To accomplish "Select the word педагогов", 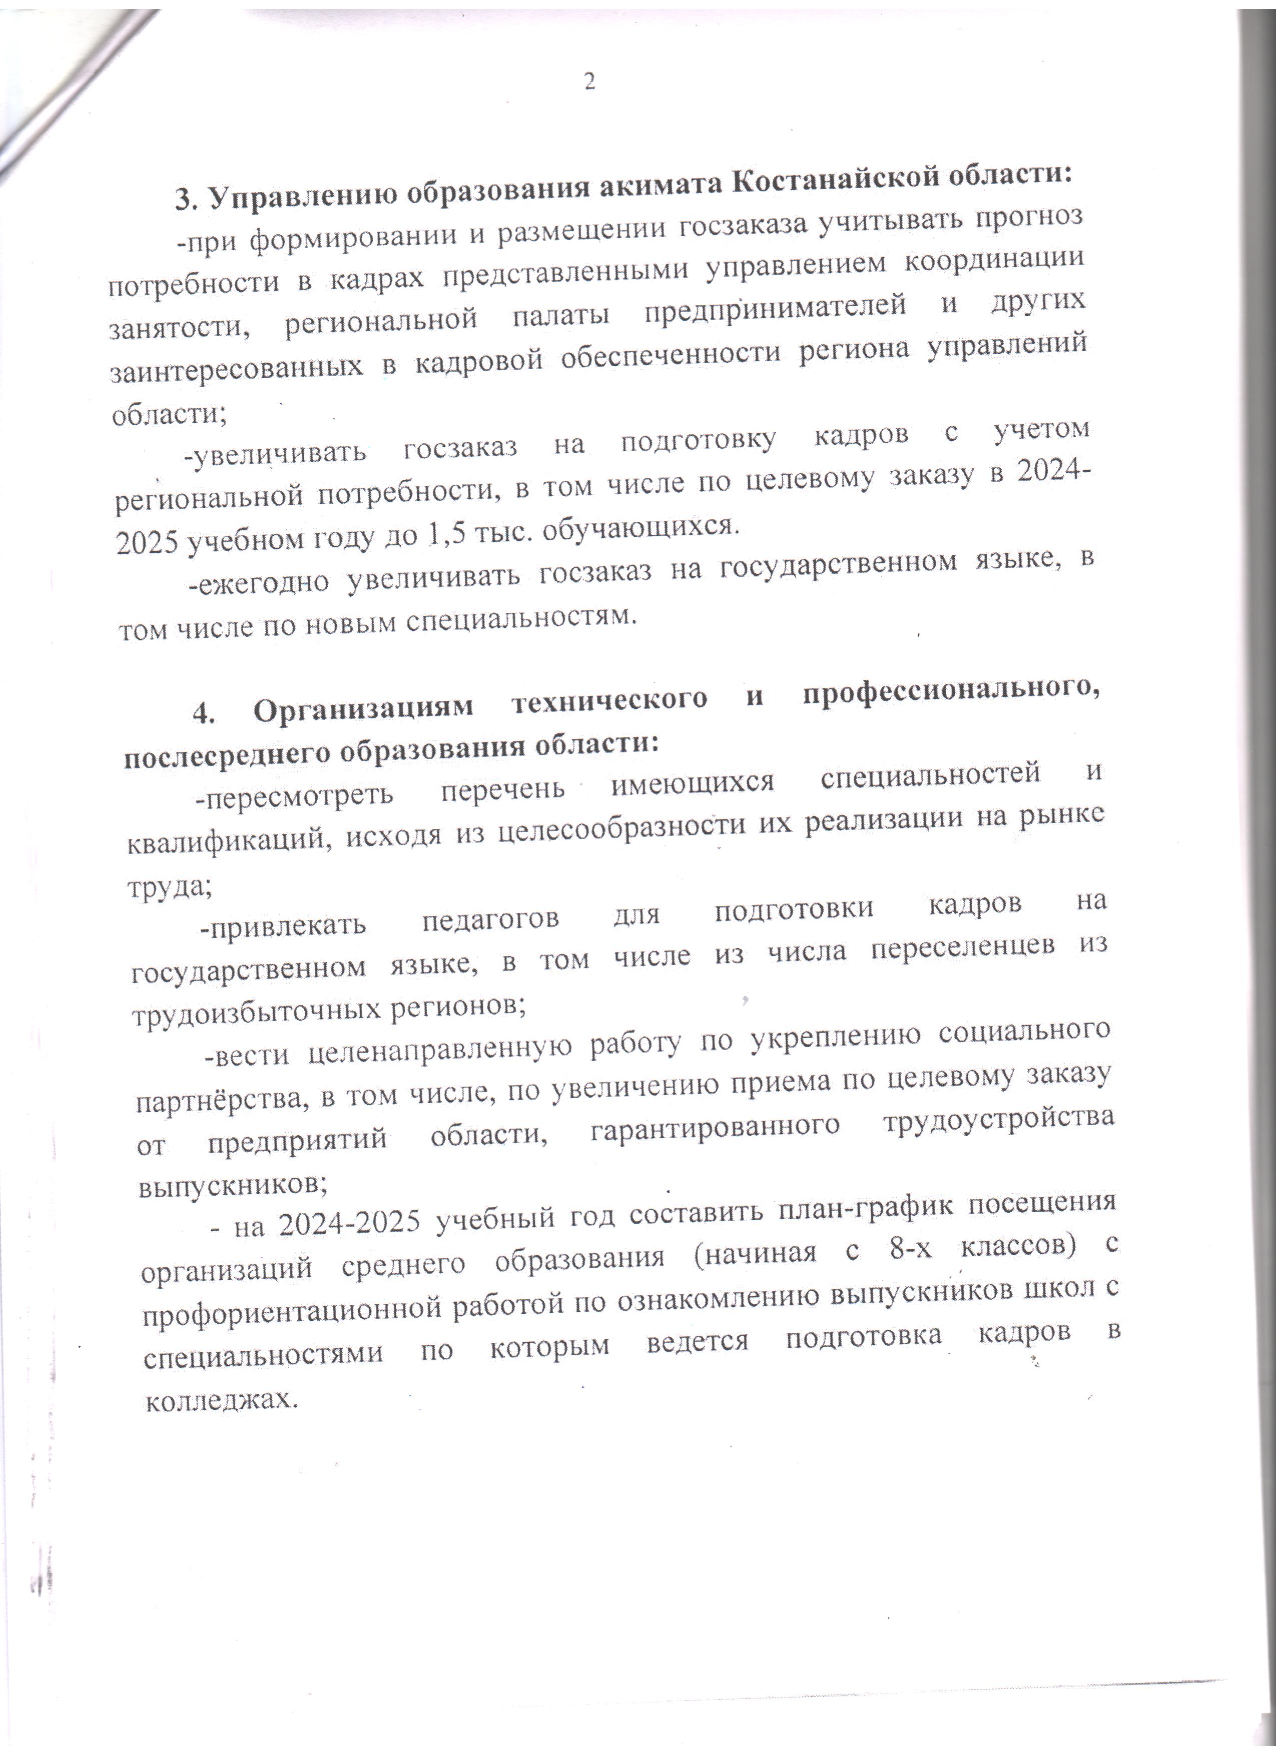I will pyautogui.click(x=490, y=920).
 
